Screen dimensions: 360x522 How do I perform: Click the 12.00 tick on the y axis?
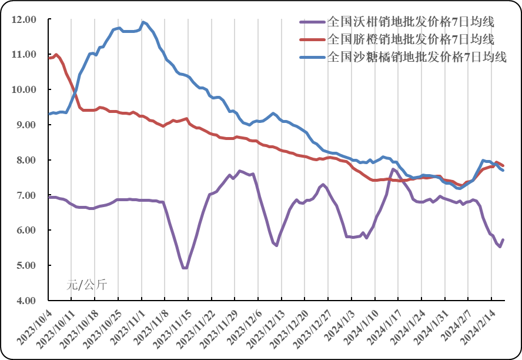pos(24,19)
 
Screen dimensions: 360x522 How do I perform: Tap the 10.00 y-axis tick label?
pos(24,89)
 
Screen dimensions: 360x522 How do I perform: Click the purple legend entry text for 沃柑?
pos(410,22)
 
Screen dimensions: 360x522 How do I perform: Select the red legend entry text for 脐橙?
pos(410,39)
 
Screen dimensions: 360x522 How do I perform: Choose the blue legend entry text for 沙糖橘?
pos(416,57)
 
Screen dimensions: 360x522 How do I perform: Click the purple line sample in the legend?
pos(312,22)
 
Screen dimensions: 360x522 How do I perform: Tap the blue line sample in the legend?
pos(312,57)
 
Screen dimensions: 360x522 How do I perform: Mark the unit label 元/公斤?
pos(86,285)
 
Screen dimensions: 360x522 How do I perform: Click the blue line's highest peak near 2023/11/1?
pos(142,22)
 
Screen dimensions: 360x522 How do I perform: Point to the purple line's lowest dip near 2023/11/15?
pos(185,268)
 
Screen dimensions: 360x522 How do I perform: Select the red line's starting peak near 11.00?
pos(56,55)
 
